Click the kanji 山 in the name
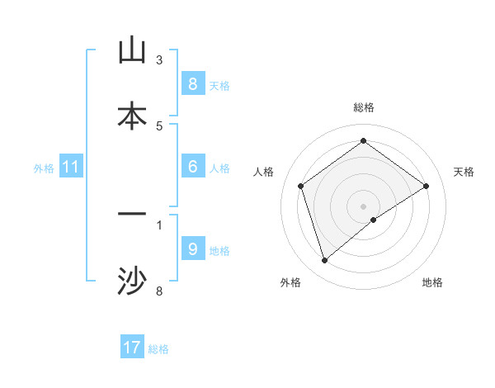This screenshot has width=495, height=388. click(132, 50)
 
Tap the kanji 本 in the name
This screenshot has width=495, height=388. click(132, 116)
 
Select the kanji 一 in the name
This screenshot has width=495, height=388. click(132, 215)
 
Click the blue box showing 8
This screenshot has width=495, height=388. click(192, 84)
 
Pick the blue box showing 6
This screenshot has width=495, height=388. click(192, 167)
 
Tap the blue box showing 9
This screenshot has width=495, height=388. click(192, 249)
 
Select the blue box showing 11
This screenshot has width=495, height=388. click(70, 167)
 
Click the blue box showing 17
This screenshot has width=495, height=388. click(132, 348)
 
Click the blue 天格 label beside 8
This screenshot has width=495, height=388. click(219, 85)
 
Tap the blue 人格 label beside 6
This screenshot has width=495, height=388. click(219, 168)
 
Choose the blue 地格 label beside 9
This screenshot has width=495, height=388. click(219, 251)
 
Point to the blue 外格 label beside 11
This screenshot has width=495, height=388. click(44, 168)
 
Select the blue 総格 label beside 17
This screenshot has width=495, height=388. click(158, 349)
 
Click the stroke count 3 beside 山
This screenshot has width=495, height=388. click(159, 59)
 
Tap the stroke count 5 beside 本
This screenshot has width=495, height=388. click(159, 125)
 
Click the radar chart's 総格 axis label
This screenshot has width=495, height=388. click(364, 107)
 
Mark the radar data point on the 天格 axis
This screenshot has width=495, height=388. click(427, 186)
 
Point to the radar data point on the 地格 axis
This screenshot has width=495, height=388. click(374, 220)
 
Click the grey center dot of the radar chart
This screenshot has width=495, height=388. click(364, 206)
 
